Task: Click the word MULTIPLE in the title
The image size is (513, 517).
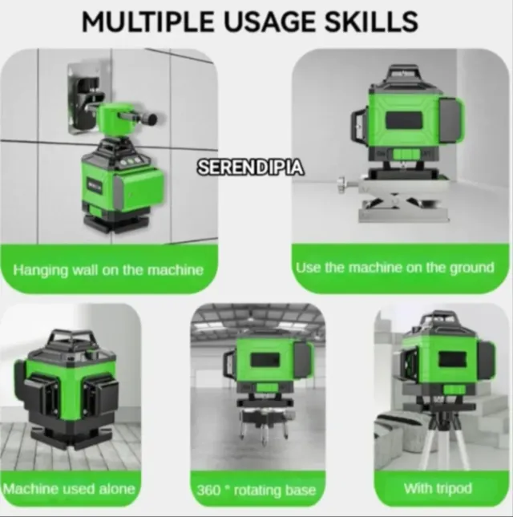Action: click(147, 22)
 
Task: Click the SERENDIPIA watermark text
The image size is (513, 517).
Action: click(251, 168)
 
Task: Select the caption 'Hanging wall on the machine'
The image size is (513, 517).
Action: click(108, 270)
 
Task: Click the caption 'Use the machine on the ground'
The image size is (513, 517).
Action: click(395, 268)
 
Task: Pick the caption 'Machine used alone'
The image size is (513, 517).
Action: click(69, 489)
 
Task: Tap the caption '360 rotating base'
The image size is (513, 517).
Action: click(256, 491)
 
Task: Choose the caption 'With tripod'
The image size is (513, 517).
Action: click(438, 488)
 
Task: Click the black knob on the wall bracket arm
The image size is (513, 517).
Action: click(151, 119)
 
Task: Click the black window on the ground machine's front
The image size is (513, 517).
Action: click(404, 120)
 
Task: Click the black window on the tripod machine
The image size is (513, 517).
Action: click(452, 359)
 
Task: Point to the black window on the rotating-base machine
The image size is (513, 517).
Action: click(265, 359)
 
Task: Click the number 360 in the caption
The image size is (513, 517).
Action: click(208, 491)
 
